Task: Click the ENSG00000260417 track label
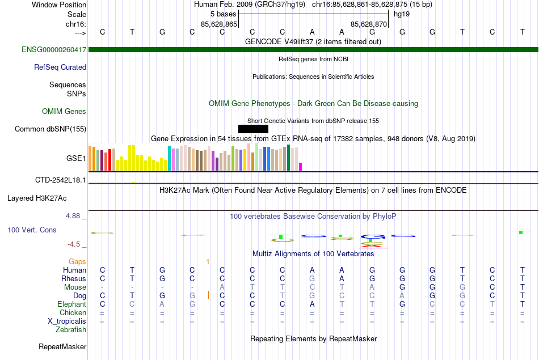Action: click(x=54, y=50)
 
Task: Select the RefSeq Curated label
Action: click(x=60, y=67)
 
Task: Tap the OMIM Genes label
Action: click(x=64, y=112)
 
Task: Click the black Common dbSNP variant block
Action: click(x=253, y=129)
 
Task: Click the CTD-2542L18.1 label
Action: click(x=61, y=180)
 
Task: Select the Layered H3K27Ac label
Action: click(x=37, y=198)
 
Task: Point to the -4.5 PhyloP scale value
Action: click(x=74, y=244)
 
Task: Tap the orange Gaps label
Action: click(x=77, y=262)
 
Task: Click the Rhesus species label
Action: click(x=74, y=279)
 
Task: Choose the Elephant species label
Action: click(x=71, y=304)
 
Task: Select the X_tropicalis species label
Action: click(x=67, y=321)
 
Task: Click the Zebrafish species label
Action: click(x=71, y=330)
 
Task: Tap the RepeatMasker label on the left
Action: click(x=62, y=346)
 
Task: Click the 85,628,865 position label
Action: click(x=219, y=24)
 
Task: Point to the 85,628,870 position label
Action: click(x=369, y=24)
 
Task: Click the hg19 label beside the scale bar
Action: click(x=402, y=14)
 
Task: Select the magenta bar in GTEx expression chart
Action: click(x=301, y=167)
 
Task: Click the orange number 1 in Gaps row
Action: click(x=208, y=262)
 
